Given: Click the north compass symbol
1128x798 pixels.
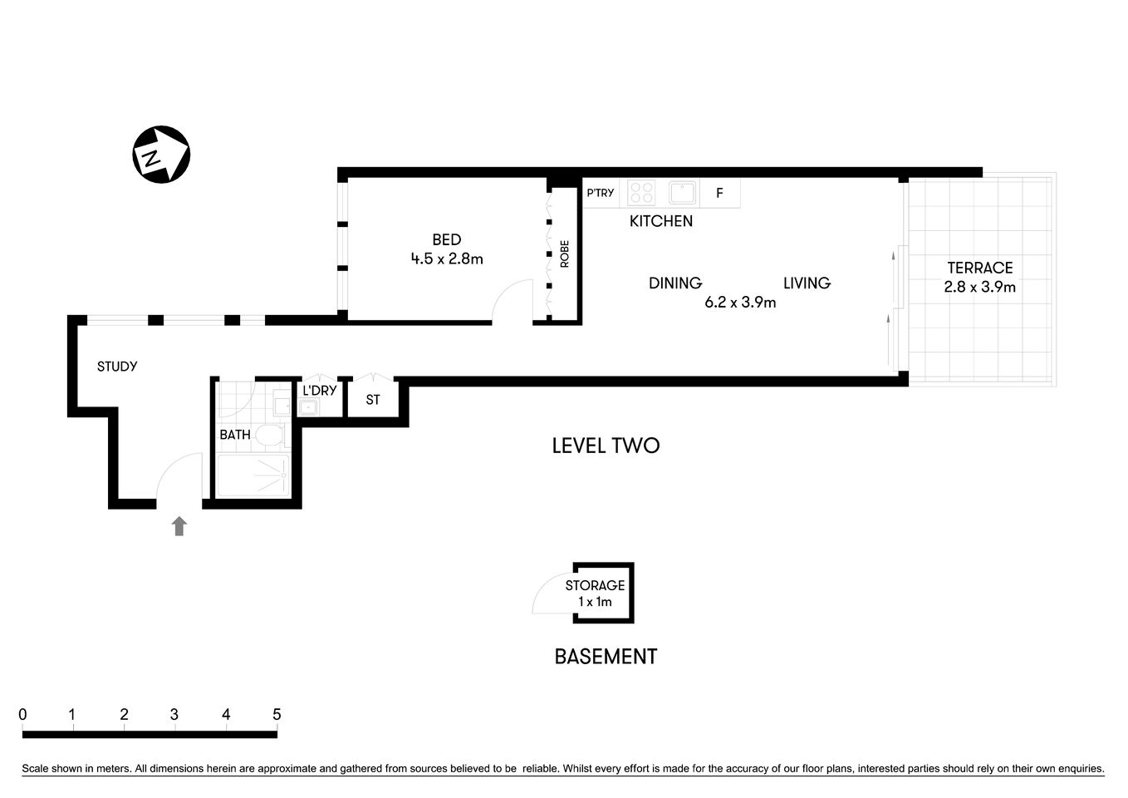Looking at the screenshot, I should (x=161, y=155).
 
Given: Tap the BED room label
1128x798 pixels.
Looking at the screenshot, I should (x=446, y=239).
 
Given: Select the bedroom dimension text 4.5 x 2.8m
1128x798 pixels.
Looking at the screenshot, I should (x=446, y=259).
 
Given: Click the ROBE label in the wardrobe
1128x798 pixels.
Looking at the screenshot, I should (x=565, y=254).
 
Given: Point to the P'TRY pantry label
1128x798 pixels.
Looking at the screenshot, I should (x=600, y=193).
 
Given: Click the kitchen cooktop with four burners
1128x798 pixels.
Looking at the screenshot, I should (x=641, y=193).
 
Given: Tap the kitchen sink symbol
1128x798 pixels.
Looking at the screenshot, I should (x=683, y=193).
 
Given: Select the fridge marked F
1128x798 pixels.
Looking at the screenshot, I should (x=719, y=193).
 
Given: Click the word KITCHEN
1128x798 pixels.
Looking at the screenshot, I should (x=660, y=221).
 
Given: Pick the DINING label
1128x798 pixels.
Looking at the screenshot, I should (x=674, y=283).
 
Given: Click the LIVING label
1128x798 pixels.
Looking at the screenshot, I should (x=807, y=283).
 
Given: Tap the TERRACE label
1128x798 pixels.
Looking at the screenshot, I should (x=979, y=268).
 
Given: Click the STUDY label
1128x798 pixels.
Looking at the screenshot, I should (x=117, y=367).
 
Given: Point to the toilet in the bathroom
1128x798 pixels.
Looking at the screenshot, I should (x=268, y=435).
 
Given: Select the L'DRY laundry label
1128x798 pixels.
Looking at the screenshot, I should (x=319, y=391).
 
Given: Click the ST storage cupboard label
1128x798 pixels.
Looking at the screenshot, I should (x=373, y=400).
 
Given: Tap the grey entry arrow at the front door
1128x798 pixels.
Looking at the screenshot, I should (x=179, y=526).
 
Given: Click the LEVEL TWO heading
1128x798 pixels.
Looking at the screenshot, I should (x=606, y=446).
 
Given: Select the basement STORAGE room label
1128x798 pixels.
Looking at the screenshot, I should (x=595, y=585).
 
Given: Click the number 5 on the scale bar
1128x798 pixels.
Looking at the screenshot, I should (x=277, y=715).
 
